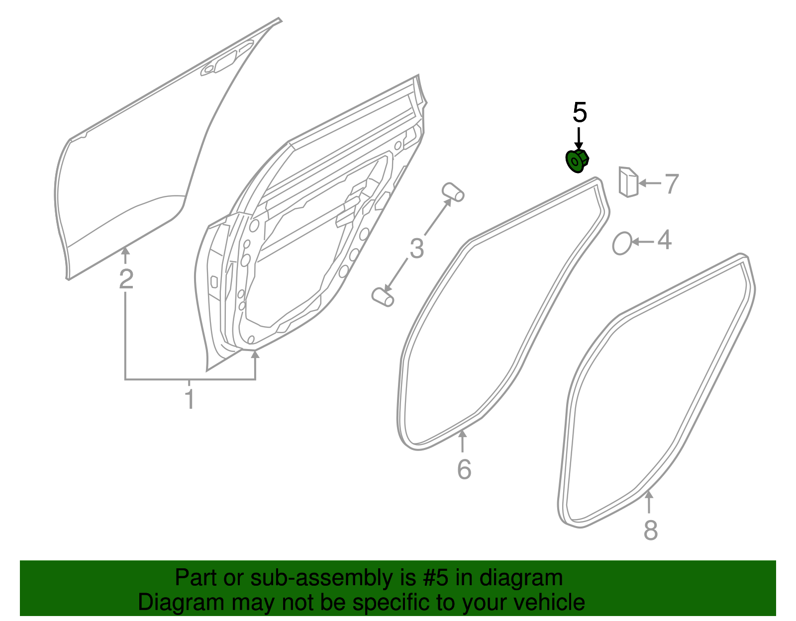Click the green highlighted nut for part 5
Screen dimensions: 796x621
577,161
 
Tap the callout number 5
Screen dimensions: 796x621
580,112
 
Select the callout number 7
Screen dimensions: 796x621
672,184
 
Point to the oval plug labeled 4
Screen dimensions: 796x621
622,243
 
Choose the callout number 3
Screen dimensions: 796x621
417,249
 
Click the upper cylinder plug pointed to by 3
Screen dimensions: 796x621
453,192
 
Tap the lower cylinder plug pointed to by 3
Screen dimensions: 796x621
383,297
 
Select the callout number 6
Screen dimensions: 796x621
464,469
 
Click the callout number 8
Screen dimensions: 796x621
651,530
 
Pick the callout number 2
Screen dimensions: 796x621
126,279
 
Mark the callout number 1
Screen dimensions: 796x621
190,399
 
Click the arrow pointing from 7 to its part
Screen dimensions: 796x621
650,183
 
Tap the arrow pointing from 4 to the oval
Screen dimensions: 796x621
642,242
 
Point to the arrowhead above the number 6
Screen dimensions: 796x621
462,434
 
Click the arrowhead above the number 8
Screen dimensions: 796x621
649,494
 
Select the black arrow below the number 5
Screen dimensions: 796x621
579,139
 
